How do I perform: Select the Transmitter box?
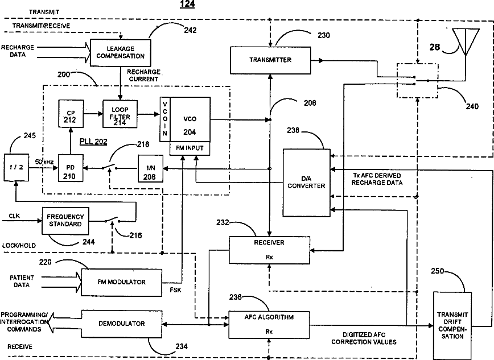click(x=270, y=60)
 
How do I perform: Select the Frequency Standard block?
click(x=65, y=220)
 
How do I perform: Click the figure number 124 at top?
click(x=186, y=4)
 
